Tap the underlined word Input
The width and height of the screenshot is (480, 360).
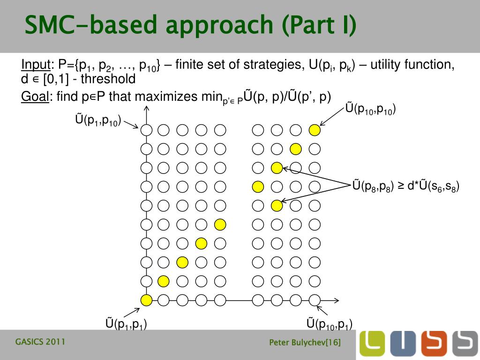pos(35,65)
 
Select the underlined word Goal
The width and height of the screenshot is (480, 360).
pos(35,97)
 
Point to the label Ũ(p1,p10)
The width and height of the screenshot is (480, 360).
pos(98,121)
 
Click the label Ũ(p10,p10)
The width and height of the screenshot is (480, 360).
pos(370,109)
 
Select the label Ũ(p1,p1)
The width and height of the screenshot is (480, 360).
pos(126,323)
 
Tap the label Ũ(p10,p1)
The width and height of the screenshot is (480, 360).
pos(329,323)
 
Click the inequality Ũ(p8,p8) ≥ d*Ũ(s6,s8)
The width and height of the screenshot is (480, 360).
pos(405,186)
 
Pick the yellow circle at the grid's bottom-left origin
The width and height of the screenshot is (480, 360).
pos(146,300)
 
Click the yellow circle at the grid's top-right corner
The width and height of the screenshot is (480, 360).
pos(315,130)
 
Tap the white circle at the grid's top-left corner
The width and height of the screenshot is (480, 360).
pos(146,130)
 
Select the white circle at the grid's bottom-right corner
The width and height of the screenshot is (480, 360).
pos(315,300)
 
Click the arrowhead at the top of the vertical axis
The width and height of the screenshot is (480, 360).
pos(146,109)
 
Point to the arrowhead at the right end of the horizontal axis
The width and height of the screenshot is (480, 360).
pos(337,300)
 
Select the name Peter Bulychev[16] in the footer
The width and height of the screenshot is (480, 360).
pos(305,343)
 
